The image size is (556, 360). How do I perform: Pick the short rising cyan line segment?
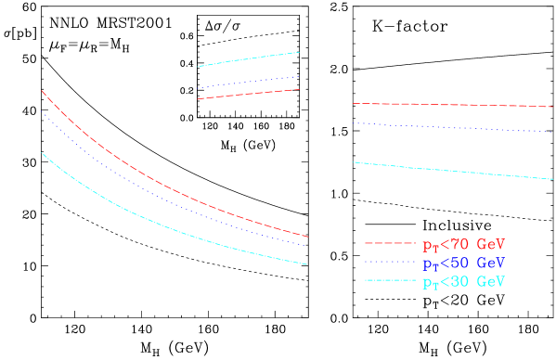[x=249, y=59]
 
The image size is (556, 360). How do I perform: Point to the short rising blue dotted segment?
[x=249, y=83]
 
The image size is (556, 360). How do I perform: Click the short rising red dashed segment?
[x=249, y=94]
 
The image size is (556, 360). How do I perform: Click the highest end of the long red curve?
[x=42, y=91]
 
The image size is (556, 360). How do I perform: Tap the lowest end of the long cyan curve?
[x=307, y=264]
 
